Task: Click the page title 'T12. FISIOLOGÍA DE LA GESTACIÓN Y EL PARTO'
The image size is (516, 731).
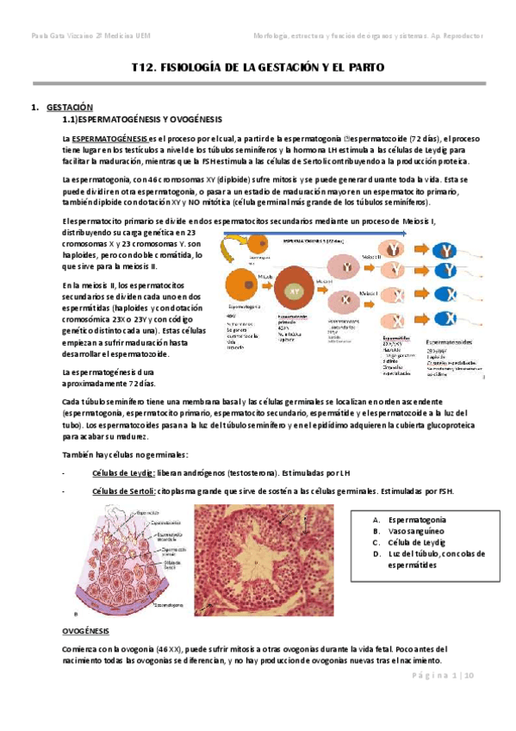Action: [258, 67]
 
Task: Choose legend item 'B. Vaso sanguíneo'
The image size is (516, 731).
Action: [412, 532]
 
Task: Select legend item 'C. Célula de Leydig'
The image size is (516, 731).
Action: [411, 544]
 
